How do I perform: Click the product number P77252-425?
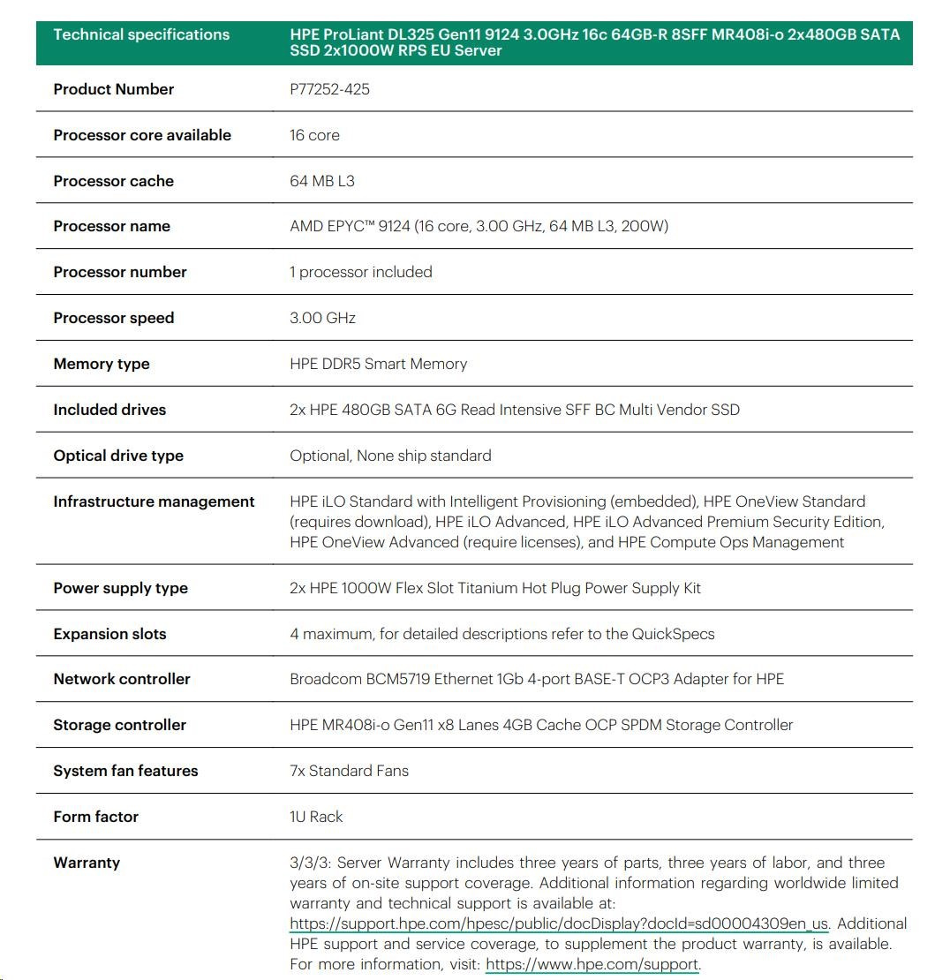click(329, 89)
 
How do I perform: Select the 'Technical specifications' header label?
click(141, 34)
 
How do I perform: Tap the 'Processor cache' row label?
click(113, 181)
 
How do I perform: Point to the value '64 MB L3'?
click(322, 181)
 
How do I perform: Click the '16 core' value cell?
click(314, 135)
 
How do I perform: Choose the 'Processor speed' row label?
click(113, 318)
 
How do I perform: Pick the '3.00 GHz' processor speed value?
click(322, 318)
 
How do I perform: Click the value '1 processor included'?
click(360, 272)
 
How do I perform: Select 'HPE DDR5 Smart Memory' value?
click(378, 364)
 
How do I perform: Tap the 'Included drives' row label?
click(109, 410)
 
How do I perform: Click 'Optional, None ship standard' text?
click(390, 456)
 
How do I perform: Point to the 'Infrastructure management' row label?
click(154, 501)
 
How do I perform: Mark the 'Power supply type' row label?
click(120, 588)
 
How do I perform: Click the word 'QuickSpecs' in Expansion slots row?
click(673, 634)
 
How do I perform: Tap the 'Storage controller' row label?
click(119, 725)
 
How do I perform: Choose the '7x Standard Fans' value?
click(349, 771)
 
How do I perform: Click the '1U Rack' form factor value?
click(316, 817)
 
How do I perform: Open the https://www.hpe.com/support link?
click(592, 964)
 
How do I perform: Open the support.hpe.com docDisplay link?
click(558, 923)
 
